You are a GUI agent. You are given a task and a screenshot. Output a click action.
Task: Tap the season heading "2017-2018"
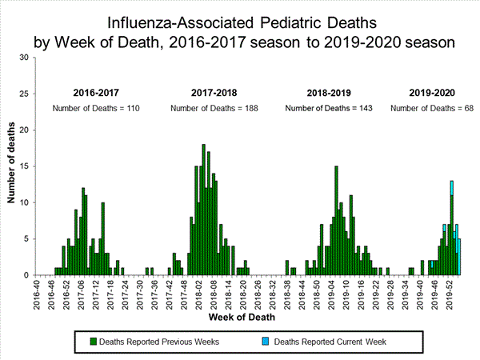click(x=214, y=92)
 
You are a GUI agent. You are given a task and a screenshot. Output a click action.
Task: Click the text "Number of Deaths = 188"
click(x=214, y=108)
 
